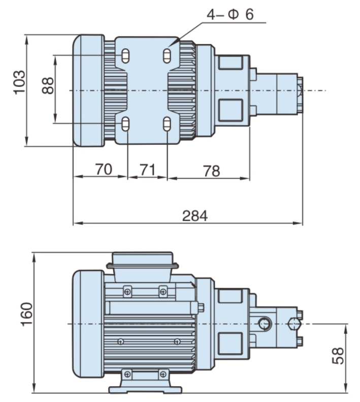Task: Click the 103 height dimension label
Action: pos(19,81)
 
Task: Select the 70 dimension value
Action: pos(103,170)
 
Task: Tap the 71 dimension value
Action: pos(147,170)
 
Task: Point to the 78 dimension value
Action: pos(211,171)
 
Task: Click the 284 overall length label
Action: pos(195,215)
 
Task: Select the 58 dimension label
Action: pos(338,356)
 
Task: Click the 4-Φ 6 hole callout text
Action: pos(229,14)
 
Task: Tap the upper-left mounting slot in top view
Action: pos(125,54)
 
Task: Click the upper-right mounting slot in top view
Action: pos(167,54)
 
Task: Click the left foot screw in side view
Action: pos(127,375)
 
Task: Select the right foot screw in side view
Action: pos(163,375)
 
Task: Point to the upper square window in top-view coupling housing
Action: pos(230,62)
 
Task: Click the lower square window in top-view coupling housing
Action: pos(230,108)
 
